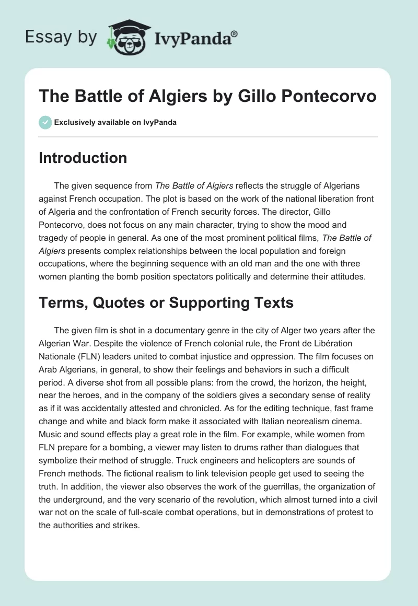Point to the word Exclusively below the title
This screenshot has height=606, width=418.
click(74, 123)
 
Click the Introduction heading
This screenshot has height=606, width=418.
click(83, 158)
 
